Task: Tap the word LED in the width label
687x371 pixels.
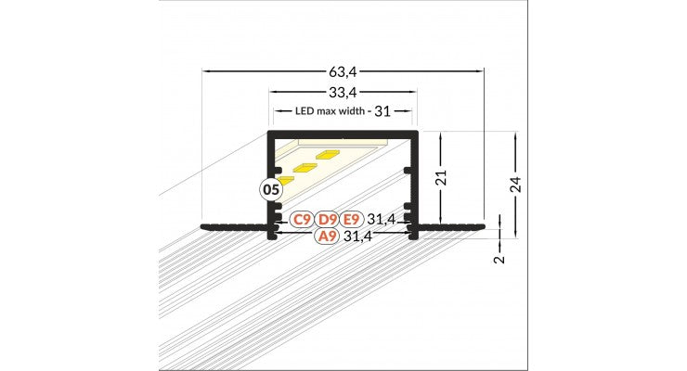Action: click(x=305, y=111)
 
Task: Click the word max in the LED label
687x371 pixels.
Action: click(x=327, y=111)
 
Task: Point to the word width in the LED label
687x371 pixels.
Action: click(x=351, y=111)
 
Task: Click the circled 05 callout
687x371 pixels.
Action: click(x=270, y=190)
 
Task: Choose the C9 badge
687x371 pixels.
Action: click(x=301, y=220)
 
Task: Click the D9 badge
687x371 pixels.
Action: click(x=326, y=220)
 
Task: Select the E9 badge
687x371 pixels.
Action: click(x=350, y=220)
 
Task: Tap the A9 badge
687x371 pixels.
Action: click(x=326, y=237)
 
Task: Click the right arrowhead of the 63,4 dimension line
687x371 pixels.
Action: click(x=480, y=70)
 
